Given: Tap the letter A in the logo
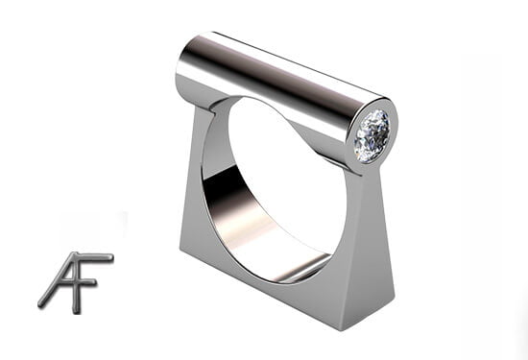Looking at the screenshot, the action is (x=64, y=283).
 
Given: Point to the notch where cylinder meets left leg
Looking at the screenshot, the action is (x=214, y=108).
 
